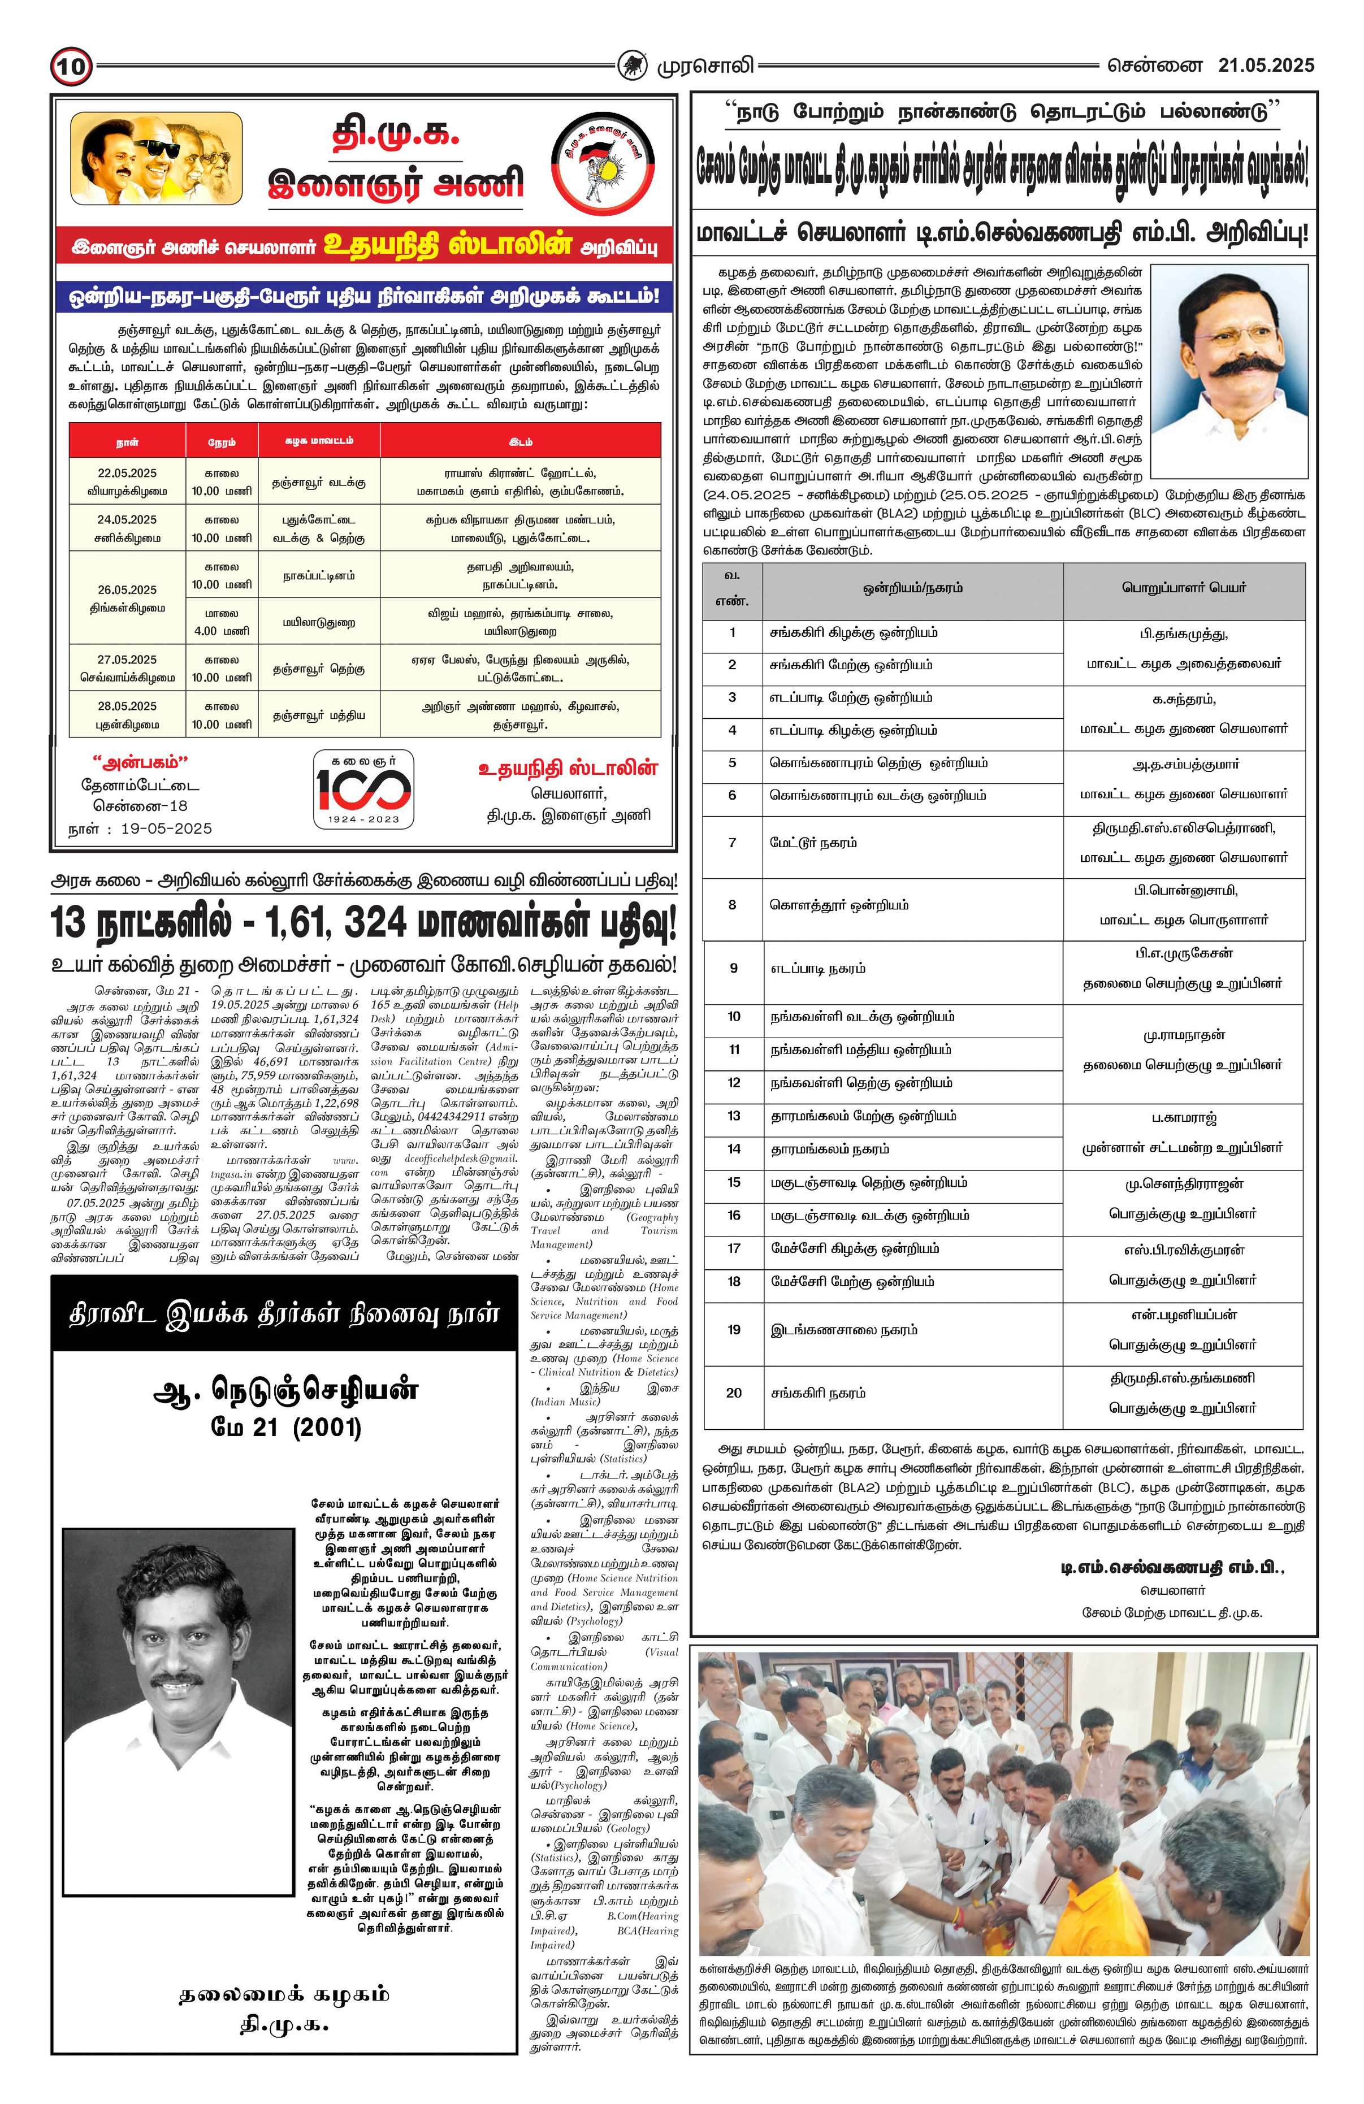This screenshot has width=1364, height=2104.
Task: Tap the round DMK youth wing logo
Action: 604,166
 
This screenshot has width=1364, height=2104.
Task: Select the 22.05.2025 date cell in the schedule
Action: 127,481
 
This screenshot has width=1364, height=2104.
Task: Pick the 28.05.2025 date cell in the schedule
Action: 127,714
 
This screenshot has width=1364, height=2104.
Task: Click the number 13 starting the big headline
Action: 73,924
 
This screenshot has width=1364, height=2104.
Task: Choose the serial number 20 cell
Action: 733,1392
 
